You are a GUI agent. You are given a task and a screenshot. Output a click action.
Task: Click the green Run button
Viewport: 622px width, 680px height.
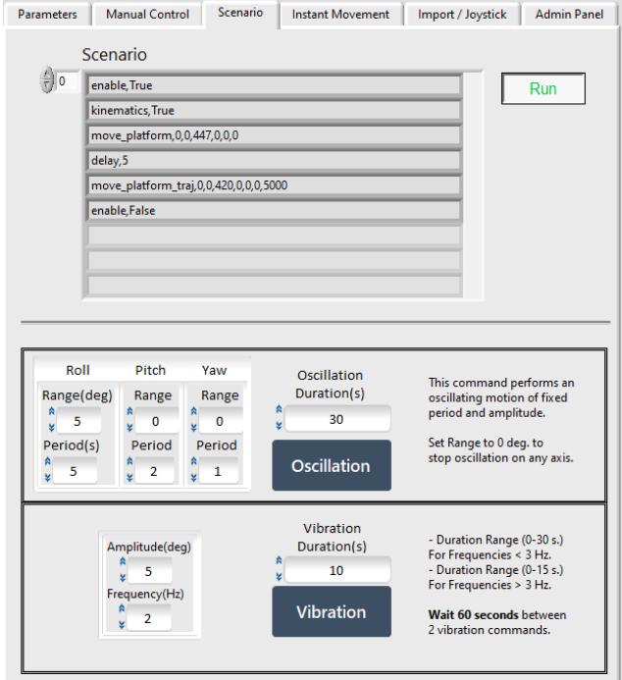[x=543, y=89]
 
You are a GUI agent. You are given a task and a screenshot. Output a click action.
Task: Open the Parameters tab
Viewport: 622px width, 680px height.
[x=47, y=15]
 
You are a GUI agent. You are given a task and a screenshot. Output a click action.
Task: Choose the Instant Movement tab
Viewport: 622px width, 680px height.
[x=340, y=15]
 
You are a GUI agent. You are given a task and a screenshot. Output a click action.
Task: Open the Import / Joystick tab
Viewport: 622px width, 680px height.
[x=462, y=15]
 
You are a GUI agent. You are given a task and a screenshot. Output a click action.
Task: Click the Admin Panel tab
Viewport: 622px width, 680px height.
[x=569, y=15]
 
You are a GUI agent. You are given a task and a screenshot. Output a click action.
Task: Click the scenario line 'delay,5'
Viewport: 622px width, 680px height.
[x=274, y=160]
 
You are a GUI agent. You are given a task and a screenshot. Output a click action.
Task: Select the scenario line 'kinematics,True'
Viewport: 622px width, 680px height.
[x=274, y=110]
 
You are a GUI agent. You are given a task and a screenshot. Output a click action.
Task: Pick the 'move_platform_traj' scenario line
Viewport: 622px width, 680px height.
[x=274, y=184]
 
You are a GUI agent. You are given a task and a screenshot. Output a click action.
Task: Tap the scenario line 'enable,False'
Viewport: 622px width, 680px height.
[x=274, y=210]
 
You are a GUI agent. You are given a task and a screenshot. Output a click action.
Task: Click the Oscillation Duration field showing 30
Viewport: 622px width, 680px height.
[x=337, y=419]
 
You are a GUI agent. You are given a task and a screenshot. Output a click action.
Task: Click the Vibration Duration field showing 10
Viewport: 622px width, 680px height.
[x=337, y=570]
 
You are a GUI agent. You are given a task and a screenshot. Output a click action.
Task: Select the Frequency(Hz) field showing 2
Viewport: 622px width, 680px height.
[x=148, y=617]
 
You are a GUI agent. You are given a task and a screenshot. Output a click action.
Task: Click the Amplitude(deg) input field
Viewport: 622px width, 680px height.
[x=148, y=570]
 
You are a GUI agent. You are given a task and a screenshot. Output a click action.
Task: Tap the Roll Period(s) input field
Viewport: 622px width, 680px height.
[x=76, y=471]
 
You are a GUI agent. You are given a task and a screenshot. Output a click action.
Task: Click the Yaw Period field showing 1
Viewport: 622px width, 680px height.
[x=219, y=471]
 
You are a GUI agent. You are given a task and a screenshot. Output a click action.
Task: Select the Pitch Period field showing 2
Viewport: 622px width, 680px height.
[x=155, y=471]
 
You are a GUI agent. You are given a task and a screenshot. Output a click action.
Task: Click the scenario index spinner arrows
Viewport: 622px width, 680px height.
[x=46, y=82]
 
